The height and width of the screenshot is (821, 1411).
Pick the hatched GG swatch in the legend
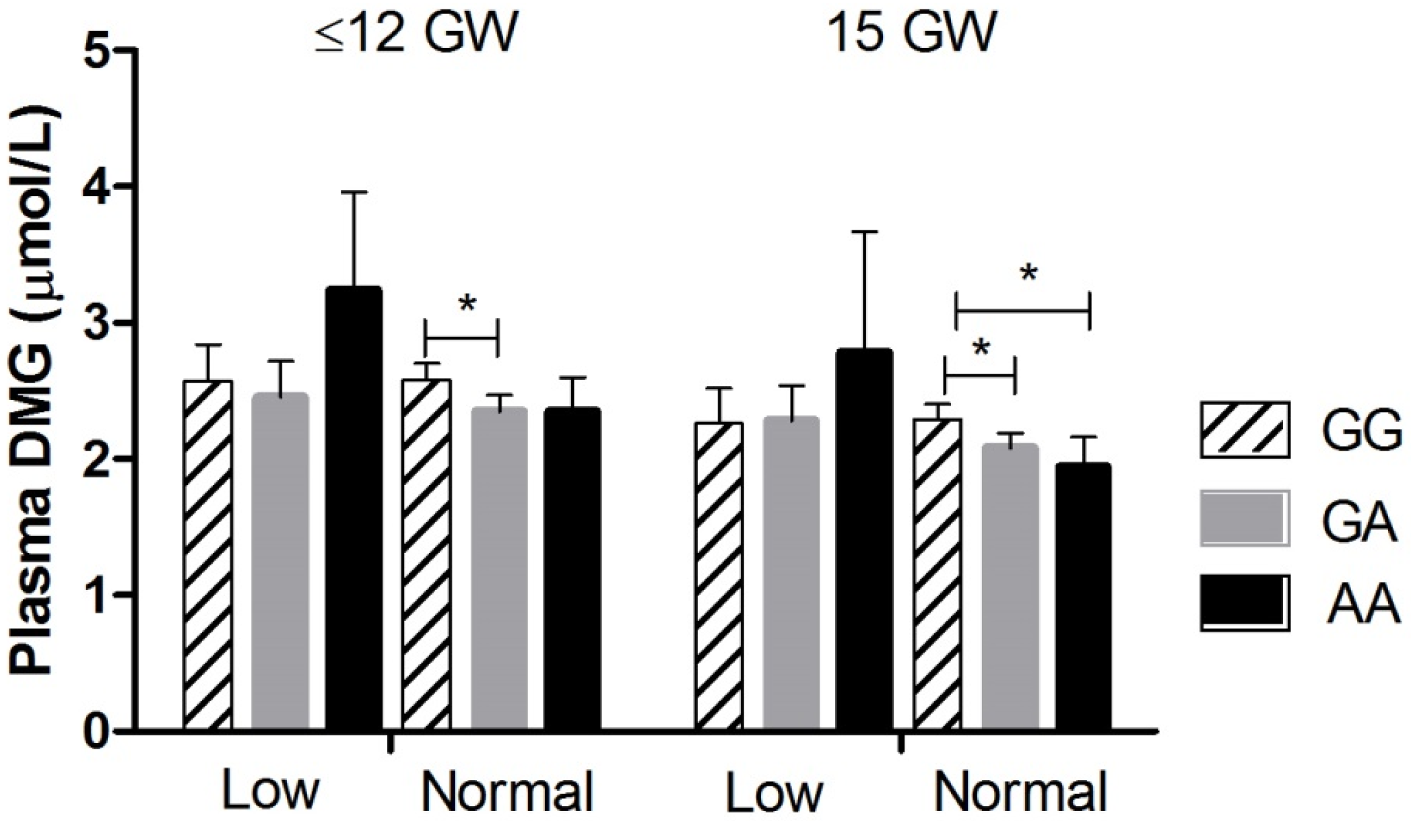[x=1245, y=429]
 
